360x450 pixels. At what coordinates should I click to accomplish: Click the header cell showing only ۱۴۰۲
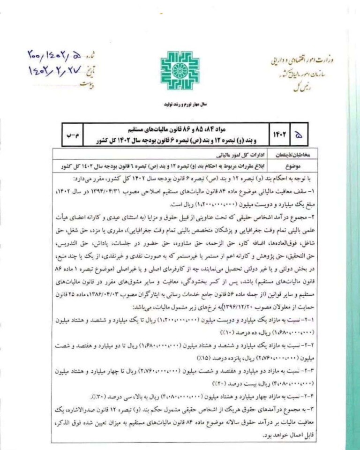pos(277,135)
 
